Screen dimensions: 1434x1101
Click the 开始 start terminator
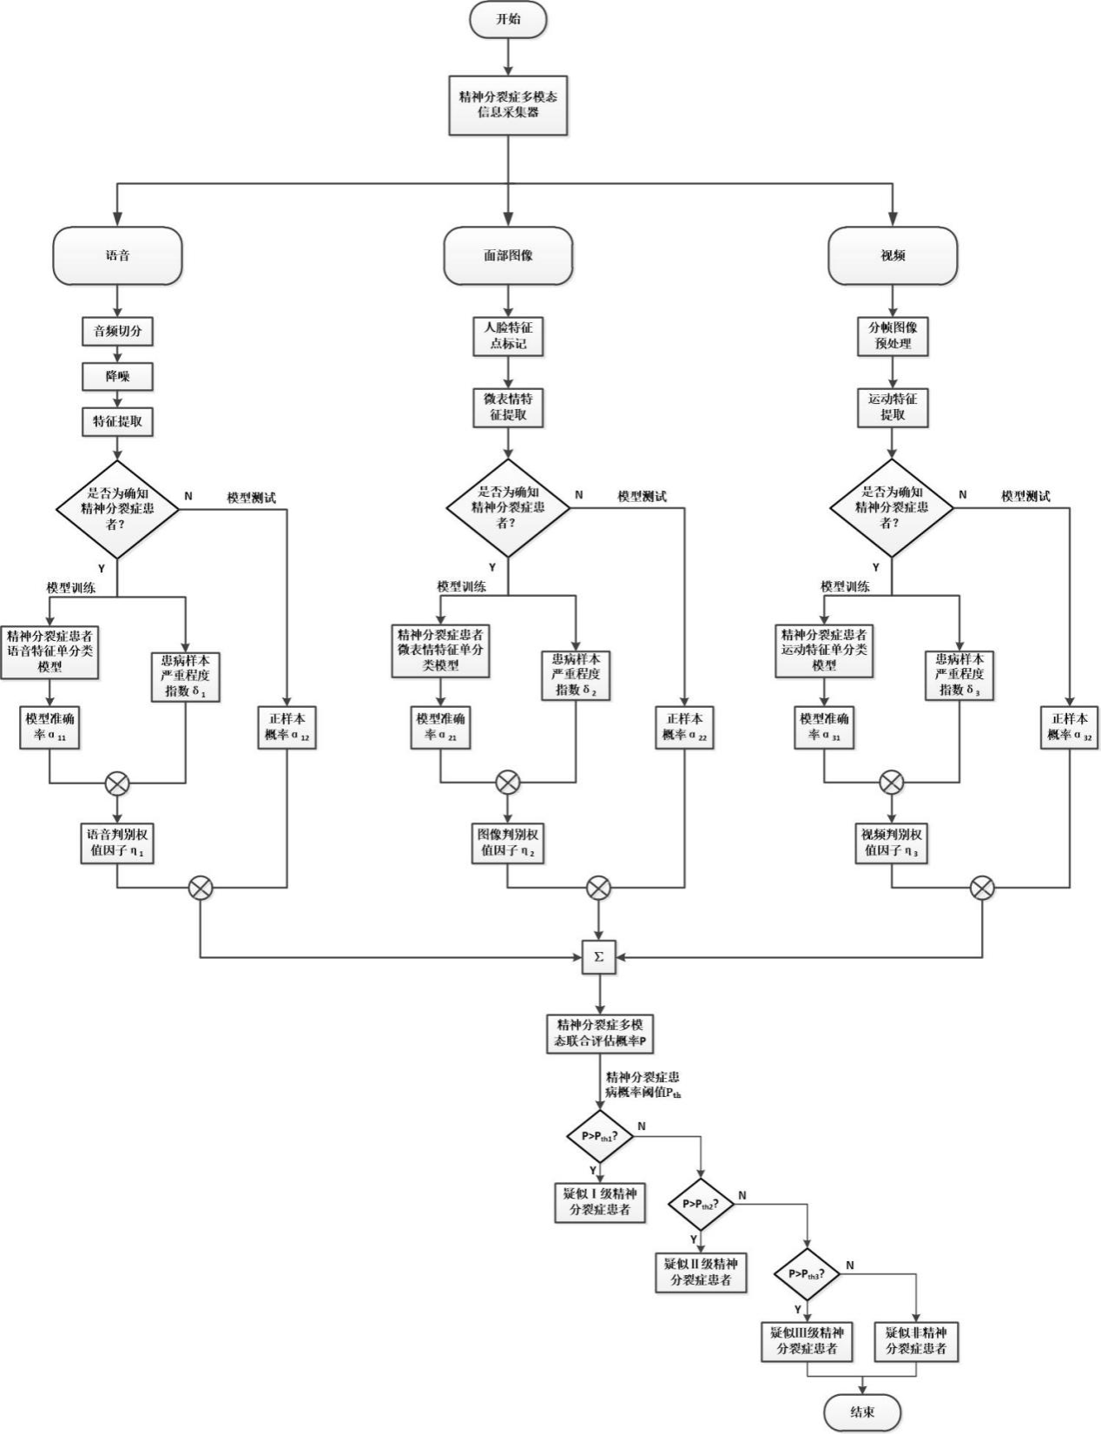point(508,19)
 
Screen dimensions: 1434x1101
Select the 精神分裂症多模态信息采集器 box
point(508,103)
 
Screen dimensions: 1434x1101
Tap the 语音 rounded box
point(117,256)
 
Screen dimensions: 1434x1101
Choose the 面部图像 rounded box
point(508,256)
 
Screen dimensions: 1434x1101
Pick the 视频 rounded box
point(893,256)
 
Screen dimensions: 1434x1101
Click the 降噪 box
point(117,377)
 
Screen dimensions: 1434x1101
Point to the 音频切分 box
point(117,332)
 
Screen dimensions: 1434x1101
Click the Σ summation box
point(598,957)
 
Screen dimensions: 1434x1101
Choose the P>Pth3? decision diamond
point(808,1274)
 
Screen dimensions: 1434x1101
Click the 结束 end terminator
point(862,1413)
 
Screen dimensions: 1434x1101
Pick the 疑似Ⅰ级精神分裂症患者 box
point(600,1201)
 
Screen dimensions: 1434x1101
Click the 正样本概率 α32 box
point(1070,727)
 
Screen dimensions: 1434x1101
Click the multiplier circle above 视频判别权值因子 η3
point(892,783)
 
